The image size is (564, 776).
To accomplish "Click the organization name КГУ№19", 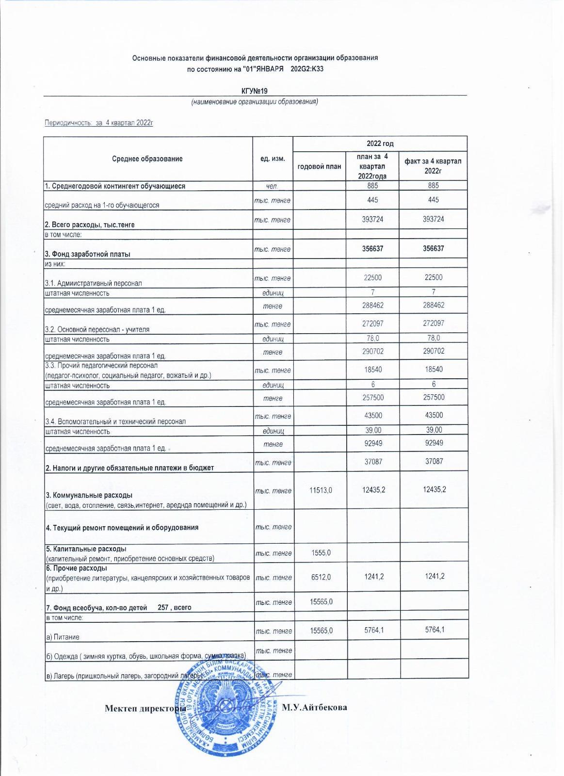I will [255, 91].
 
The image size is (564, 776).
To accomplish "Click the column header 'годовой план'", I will [319, 166].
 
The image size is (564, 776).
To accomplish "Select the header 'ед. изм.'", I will [273, 159].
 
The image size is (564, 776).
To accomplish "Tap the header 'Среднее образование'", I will [147, 159].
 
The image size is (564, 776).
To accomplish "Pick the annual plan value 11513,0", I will [320, 491].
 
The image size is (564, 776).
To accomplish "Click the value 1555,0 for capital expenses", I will [320, 552].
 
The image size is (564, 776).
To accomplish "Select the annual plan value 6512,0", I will [320, 576].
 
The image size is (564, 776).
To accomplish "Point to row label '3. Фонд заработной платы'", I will [88, 254].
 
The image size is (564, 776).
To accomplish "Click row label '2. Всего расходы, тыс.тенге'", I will [90, 225].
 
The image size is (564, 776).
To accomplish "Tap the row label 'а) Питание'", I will [63, 636].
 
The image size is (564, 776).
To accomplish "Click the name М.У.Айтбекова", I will [315, 708].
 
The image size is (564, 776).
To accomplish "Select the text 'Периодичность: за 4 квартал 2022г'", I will [99, 123].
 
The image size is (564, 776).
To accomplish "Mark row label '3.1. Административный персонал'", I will [93, 283].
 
